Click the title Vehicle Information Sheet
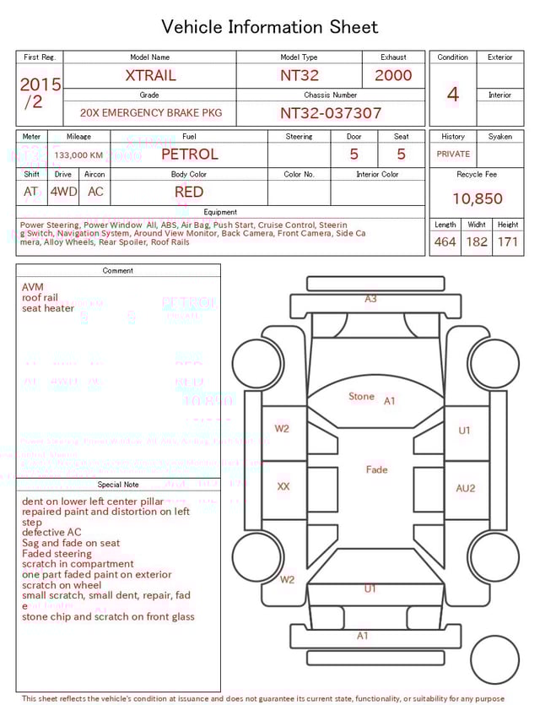[270, 27]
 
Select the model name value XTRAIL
[150, 75]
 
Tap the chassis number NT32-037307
[331, 113]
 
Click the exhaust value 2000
[393, 75]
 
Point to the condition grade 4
[452, 95]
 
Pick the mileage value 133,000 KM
[78, 155]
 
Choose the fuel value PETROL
[189, 155]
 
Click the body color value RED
[189, 193]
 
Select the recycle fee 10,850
[477, 199]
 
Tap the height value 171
[508, 242]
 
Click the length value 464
[445, 242]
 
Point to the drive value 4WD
[63, 192]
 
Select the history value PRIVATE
[453, 155]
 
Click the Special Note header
[118, 485]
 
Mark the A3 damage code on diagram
[370, 299]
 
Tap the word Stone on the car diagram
[361, 397]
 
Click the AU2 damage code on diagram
[466, 488]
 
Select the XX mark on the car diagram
[283, 487]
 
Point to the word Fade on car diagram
[376, 469]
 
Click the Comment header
[118, 271]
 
